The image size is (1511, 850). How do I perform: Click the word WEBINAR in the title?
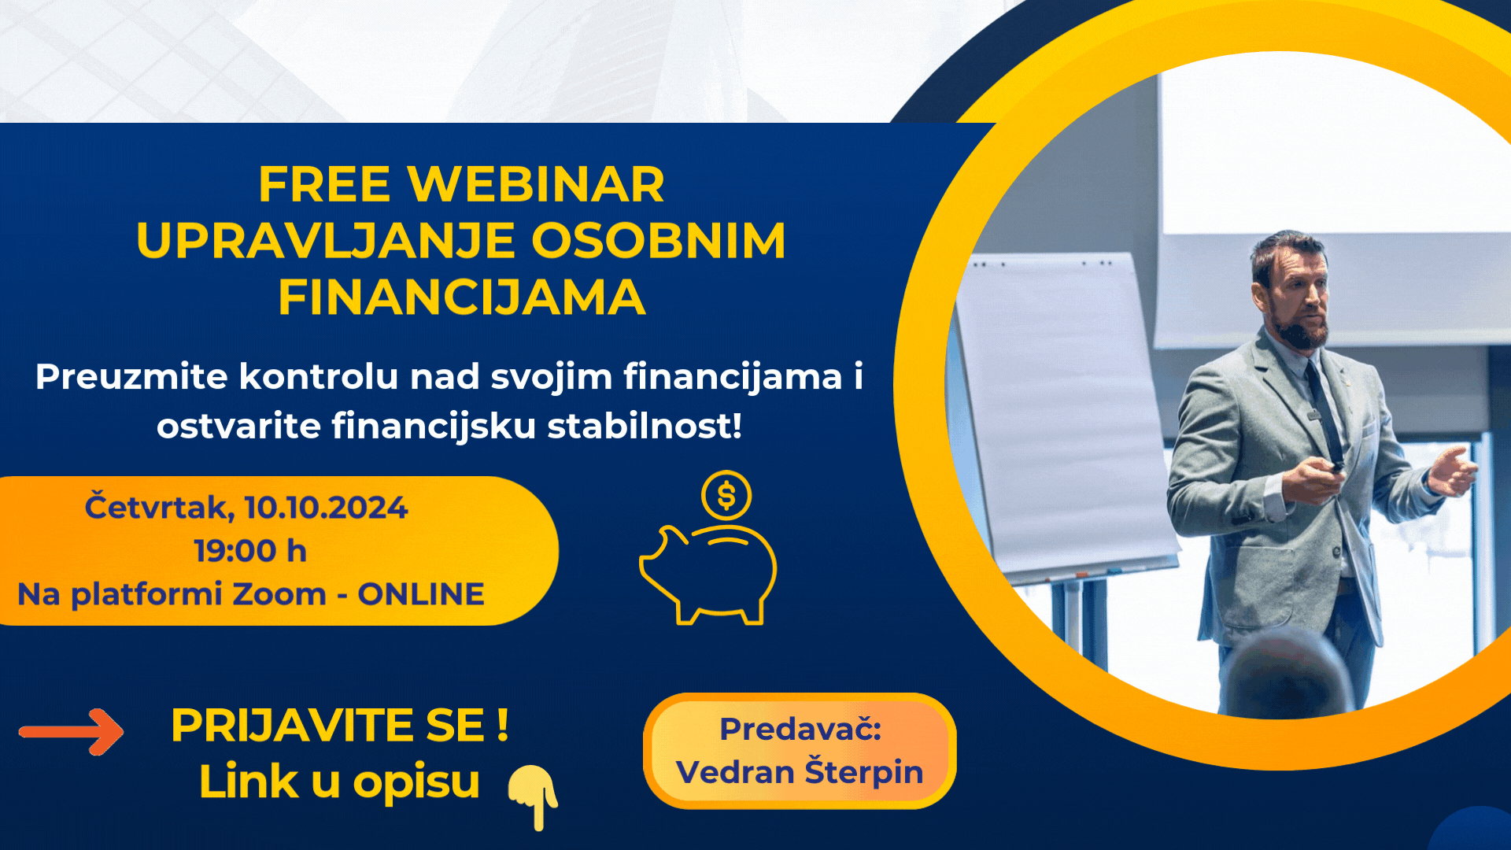coord(535,184)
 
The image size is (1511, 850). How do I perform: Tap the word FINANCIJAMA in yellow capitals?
coord(462,297)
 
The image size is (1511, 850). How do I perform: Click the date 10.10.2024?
coord(326,508)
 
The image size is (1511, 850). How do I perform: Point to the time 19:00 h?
coord(250,551)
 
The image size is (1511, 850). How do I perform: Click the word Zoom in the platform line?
coord(279,594)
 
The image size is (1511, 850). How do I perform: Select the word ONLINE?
coord(421,594)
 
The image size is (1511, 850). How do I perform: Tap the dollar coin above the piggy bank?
coord(726,496)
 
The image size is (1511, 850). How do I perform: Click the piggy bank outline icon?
coord(708,575)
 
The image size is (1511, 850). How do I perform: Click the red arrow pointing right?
coord(72,732)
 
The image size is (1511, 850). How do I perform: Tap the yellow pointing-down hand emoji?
coord(534,795)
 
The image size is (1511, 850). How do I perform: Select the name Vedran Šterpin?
coord(799,771)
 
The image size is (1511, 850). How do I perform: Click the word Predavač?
coord(799,729)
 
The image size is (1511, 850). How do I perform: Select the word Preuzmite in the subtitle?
coord(131,376)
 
